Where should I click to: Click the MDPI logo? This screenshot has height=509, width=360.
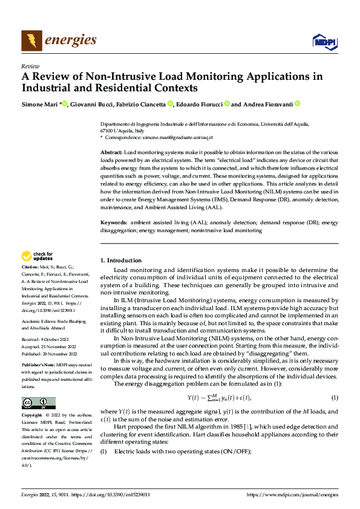tap(322, 41)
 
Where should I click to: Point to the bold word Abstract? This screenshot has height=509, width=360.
tap(111, 152)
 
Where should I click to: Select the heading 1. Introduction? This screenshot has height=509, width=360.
tap(120, 260)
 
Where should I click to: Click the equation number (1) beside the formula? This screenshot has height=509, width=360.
tap(334, 397)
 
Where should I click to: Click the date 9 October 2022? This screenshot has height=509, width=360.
tap(56, 340)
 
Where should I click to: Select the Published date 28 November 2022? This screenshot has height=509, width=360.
tap(60, 354)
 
